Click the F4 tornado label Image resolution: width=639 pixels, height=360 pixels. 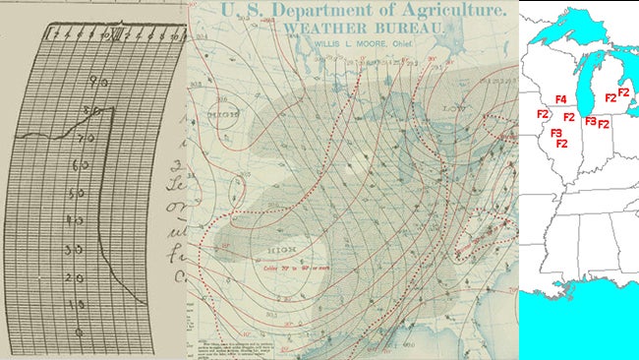(x=560, y=100)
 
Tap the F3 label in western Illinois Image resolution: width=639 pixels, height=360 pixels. (x=555, y=133)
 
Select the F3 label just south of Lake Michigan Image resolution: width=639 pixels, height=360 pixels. (x=590, y=121)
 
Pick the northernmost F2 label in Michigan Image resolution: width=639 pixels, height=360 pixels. (x=623, y=91)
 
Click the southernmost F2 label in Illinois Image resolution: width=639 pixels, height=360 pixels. (x=562, y=144)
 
